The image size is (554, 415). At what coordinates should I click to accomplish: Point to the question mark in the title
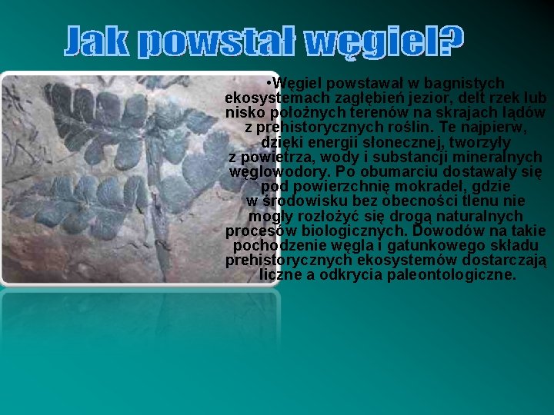coord(451,42)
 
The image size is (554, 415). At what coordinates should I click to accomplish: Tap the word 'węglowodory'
coord(279,171)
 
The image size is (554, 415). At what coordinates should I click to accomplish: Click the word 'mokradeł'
coord(399,186)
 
